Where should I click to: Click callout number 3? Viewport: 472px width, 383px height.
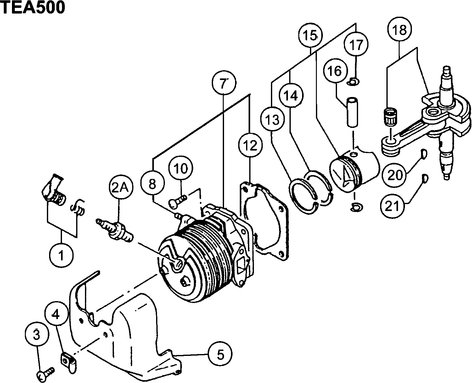pyautogui.click(x=37, y=335)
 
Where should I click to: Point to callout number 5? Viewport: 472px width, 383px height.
pyautogui.click(x=220, y=355)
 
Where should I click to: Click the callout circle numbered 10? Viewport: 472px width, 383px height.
pyautogui.click(x=181, y=169)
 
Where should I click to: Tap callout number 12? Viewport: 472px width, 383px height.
pyautogui.click(x=250, y=145)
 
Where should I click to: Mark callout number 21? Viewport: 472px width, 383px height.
pyautogui.click(x=393, y=206)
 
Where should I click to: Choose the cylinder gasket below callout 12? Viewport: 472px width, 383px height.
pyautogui.click(x=266, y=220)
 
